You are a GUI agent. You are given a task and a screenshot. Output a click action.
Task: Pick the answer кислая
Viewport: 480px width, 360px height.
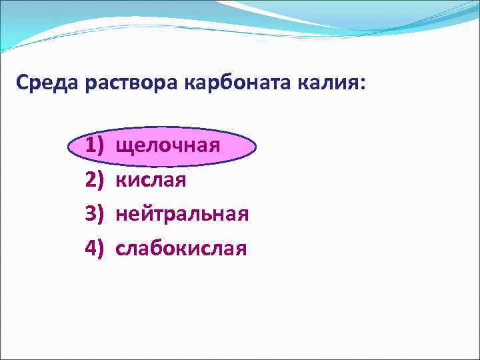click(x=151, y=180)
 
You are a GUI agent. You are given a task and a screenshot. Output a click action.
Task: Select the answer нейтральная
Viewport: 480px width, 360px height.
click(x=182, y=214)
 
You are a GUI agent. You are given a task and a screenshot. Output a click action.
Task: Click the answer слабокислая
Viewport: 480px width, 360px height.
click(x=181, y=249)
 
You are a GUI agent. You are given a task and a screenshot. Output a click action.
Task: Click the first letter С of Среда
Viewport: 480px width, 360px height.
click(x=22, y=85)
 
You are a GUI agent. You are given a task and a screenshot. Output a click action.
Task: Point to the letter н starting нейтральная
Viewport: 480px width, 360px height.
click(x=121, y=215)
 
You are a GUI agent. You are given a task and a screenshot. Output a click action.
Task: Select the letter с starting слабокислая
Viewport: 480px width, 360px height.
click(x=121, y=249)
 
